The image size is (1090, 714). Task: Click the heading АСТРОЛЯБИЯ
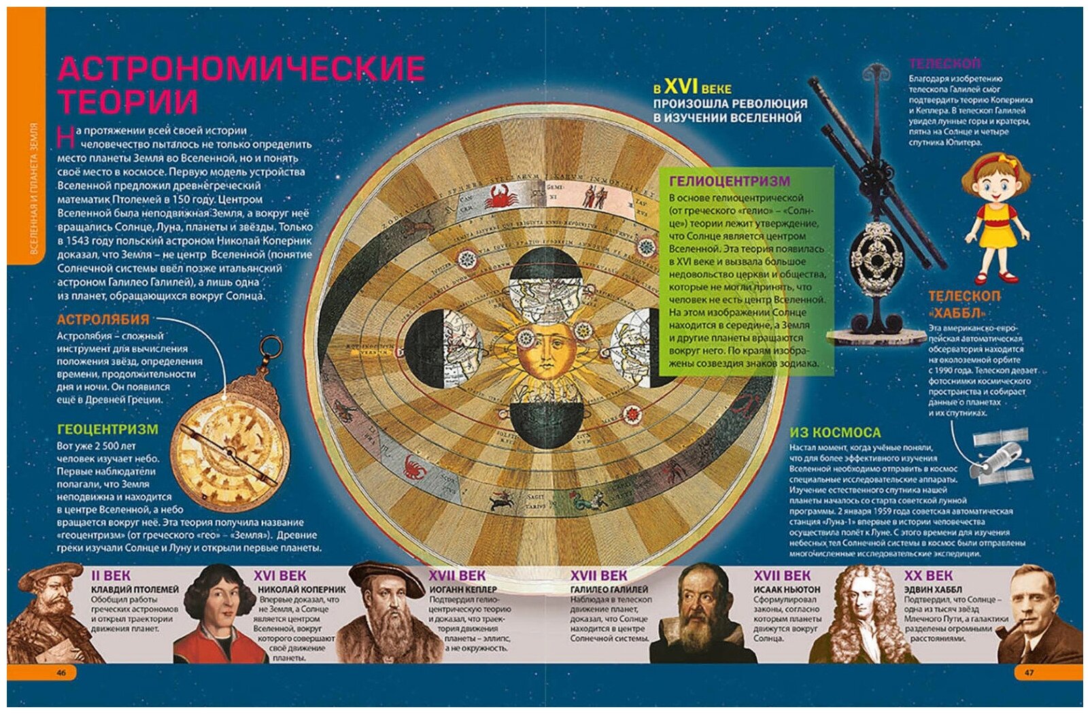[x=103, y=320]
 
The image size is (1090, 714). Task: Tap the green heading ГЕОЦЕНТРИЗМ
[x=107, y=430]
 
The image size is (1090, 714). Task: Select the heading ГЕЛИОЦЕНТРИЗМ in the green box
[x=730, y=181]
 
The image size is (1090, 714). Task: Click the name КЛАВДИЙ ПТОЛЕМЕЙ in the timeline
[x=135, y=590]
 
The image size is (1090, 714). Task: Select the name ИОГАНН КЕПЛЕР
[x=462, y=590]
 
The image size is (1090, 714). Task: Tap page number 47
[x=1029, y=673]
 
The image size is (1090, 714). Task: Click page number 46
[x=61, y=673]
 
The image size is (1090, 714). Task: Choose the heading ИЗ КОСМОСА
[x=835, y=432]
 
